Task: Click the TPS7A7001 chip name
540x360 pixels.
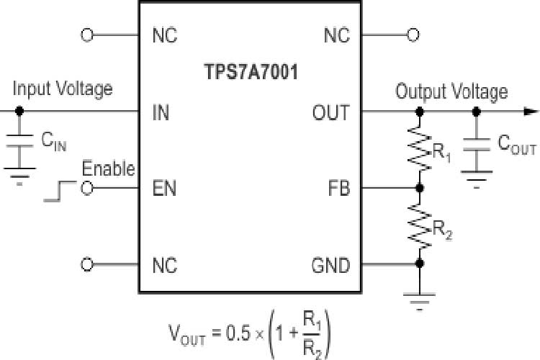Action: tap(249, 73)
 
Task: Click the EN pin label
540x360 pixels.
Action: tap(164, 189)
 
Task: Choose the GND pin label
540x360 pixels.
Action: tap(330, 265)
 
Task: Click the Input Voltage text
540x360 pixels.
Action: tap(63, 89)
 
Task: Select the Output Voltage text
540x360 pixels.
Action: tap(451, 91)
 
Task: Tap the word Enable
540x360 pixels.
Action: tap(108, 169)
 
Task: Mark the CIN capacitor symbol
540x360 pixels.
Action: tap(19, 141)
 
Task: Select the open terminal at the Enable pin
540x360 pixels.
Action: tap(87, 189)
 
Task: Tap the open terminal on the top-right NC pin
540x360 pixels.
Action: tap(413, 35)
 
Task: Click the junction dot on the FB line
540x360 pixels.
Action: tap(420, 189)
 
